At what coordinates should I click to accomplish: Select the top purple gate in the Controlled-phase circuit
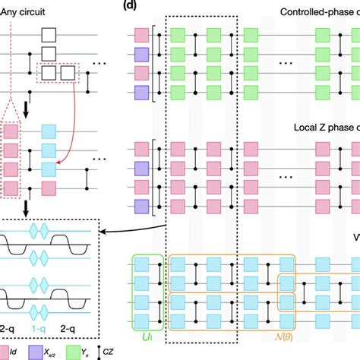tap(141, 53)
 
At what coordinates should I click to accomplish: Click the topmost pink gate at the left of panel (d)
tap(141, 34)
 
